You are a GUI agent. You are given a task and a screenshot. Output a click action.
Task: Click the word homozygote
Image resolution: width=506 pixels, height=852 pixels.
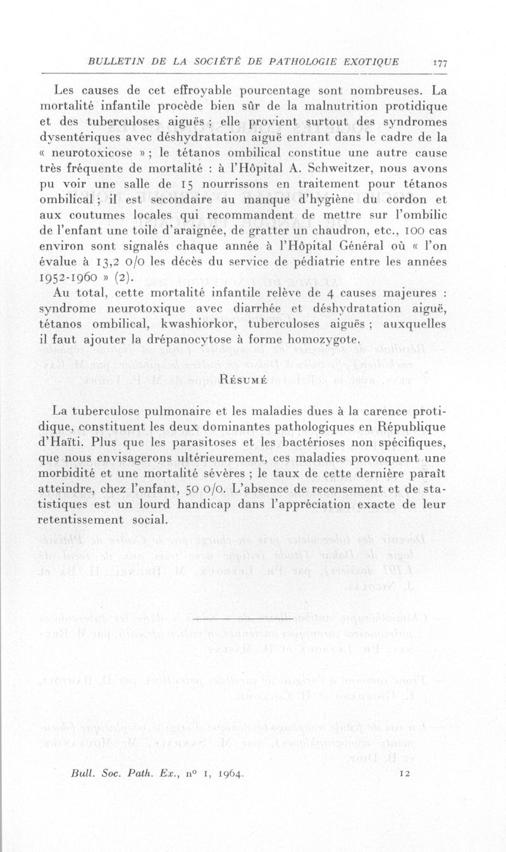pyautogui.click(x=323, y=340)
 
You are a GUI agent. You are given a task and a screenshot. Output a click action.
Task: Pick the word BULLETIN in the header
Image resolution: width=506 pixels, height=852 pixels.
pyautogui.click(x=114, y=62)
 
